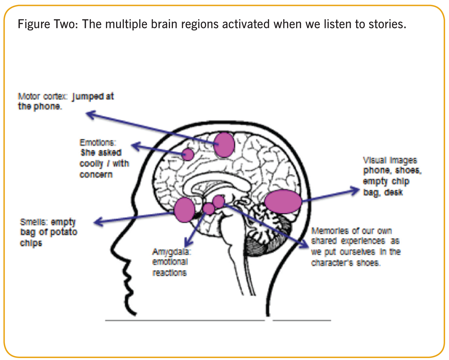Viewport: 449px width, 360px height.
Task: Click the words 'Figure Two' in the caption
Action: tap(48, 24)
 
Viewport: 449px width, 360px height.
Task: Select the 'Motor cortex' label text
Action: tap(42, 96)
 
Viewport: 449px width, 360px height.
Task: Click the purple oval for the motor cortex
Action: tap(224, 145)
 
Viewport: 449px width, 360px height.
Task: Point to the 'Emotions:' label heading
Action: tap(98, 143)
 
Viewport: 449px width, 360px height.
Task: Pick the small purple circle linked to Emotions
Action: tap(188, 154)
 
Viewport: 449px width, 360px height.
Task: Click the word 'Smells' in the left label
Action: tap(33, 222)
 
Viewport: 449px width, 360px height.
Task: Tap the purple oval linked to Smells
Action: tap(184, 210)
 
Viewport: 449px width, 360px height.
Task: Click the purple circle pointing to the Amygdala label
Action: tap(209, 209)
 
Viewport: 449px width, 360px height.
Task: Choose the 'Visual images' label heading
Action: tap(390, 160)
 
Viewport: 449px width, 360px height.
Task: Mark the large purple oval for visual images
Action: tap(283, 202)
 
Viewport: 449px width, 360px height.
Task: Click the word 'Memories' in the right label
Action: tap(330, 231)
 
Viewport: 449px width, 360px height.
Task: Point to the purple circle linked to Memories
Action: tap(219, 201)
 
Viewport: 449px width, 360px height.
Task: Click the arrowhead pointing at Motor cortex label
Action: tap(91, 114)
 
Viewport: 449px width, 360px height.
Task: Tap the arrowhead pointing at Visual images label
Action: tap(354, 190)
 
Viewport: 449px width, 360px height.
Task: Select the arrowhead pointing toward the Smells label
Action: tap(99, 222)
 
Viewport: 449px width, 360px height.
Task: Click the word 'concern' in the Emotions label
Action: tap(96, 175)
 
